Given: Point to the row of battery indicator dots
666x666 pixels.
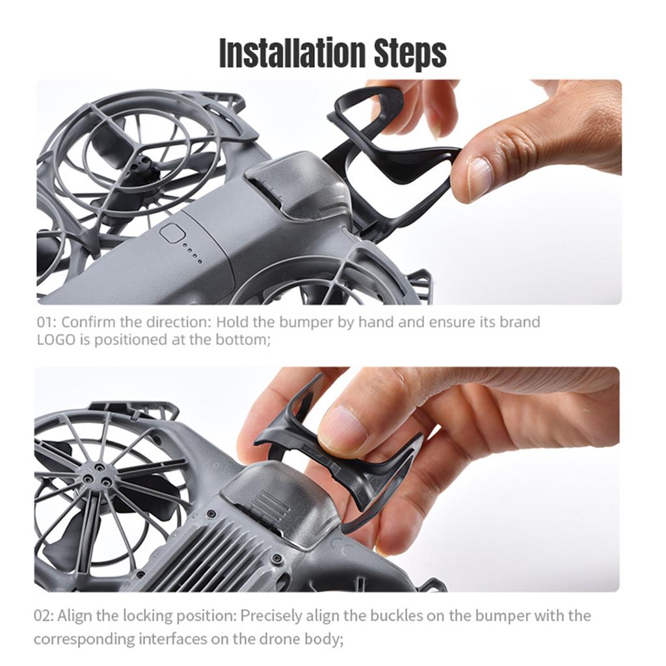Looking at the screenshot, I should click(192, 254).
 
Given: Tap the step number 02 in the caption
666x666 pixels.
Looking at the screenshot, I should click(44, 616).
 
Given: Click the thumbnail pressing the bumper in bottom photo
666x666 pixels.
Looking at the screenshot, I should click(343, 431).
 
